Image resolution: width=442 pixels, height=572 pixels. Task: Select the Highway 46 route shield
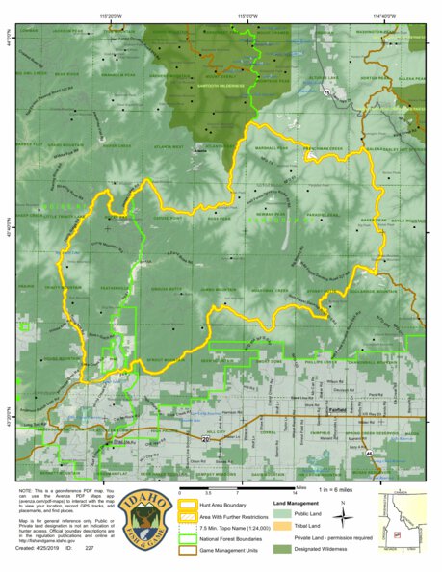pyautogui.click(x=370, y=450)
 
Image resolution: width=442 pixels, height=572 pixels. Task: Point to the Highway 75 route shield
pyautogui.click(x=326, y=92)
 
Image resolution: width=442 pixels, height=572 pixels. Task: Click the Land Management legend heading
pyautogui.click(x=295, y=502)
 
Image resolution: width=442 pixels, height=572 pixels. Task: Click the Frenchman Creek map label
pyautogui.click(x=324, y=148)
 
